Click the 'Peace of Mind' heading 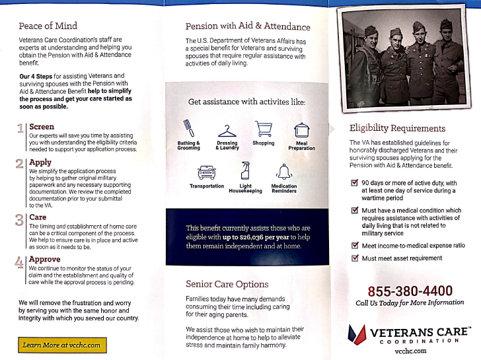click(48, 26)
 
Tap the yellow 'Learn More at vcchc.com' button click(61, 345)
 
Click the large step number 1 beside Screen click(21, 129)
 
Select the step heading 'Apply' click(40, 162)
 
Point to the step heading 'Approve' click(45, 260)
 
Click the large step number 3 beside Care click(20, 220)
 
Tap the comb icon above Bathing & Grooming click(188, 128)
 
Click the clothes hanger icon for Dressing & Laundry click(227, 131)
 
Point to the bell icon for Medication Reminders click(284, 171)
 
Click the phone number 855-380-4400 click(410, 291)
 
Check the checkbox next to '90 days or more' click(354, 183)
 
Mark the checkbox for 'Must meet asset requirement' click(354, 258)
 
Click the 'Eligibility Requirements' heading click(397, 128)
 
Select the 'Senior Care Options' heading click(227, 284)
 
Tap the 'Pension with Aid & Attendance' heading click(247, 26)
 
